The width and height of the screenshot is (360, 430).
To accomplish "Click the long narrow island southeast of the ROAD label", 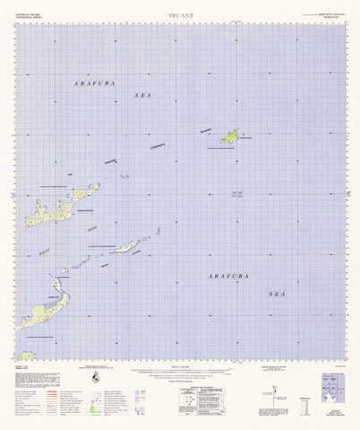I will pyautogui.click(x=130, y=246).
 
